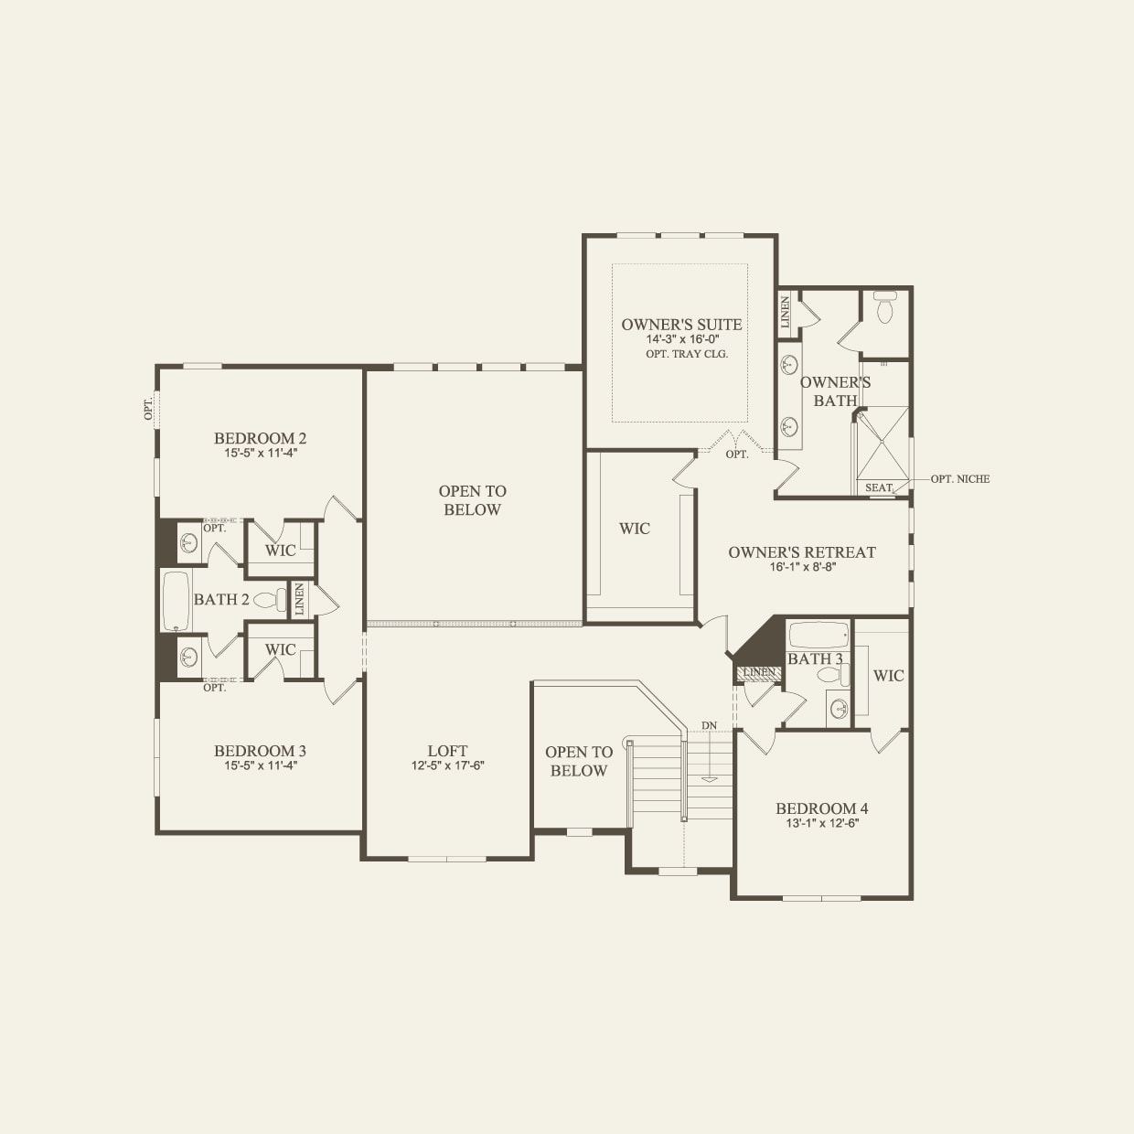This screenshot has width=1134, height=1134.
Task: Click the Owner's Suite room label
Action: pos(681,325)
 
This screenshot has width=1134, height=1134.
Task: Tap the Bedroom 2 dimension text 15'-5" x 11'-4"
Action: pos(261,453)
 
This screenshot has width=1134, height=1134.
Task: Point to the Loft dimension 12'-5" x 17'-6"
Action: pos(447,765)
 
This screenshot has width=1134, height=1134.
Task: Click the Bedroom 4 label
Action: pos(821,808)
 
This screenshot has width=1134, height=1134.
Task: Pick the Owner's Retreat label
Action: pos(802,552)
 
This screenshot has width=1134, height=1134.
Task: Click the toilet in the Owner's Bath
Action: pos(884,309)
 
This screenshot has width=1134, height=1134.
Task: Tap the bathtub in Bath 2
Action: pos(176,601)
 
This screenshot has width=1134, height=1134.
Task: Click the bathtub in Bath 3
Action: pos(818,636)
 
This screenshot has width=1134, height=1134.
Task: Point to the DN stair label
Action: pos(709,726)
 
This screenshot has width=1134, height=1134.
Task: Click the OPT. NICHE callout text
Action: pos(959,479)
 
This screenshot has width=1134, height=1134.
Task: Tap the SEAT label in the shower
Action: pos(878,488)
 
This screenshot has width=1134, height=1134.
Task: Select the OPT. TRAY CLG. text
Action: pos(687,354)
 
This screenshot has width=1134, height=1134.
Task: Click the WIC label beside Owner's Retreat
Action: pos(635,529)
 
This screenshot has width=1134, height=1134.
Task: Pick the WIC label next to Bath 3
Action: pos(888,676)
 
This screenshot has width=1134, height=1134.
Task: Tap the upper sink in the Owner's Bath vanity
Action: pos(789,365)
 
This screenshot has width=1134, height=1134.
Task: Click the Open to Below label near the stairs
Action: pos(579,761)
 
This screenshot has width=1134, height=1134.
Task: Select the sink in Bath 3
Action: pos(838,708)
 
